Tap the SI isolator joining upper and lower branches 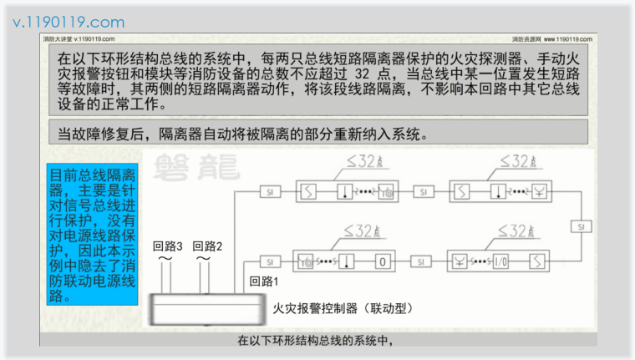[580, 226]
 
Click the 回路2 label [207, 246]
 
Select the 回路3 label [168, 246]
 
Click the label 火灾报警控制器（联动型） [343, 308]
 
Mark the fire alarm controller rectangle [206, 310]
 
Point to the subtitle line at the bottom [315, 340]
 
